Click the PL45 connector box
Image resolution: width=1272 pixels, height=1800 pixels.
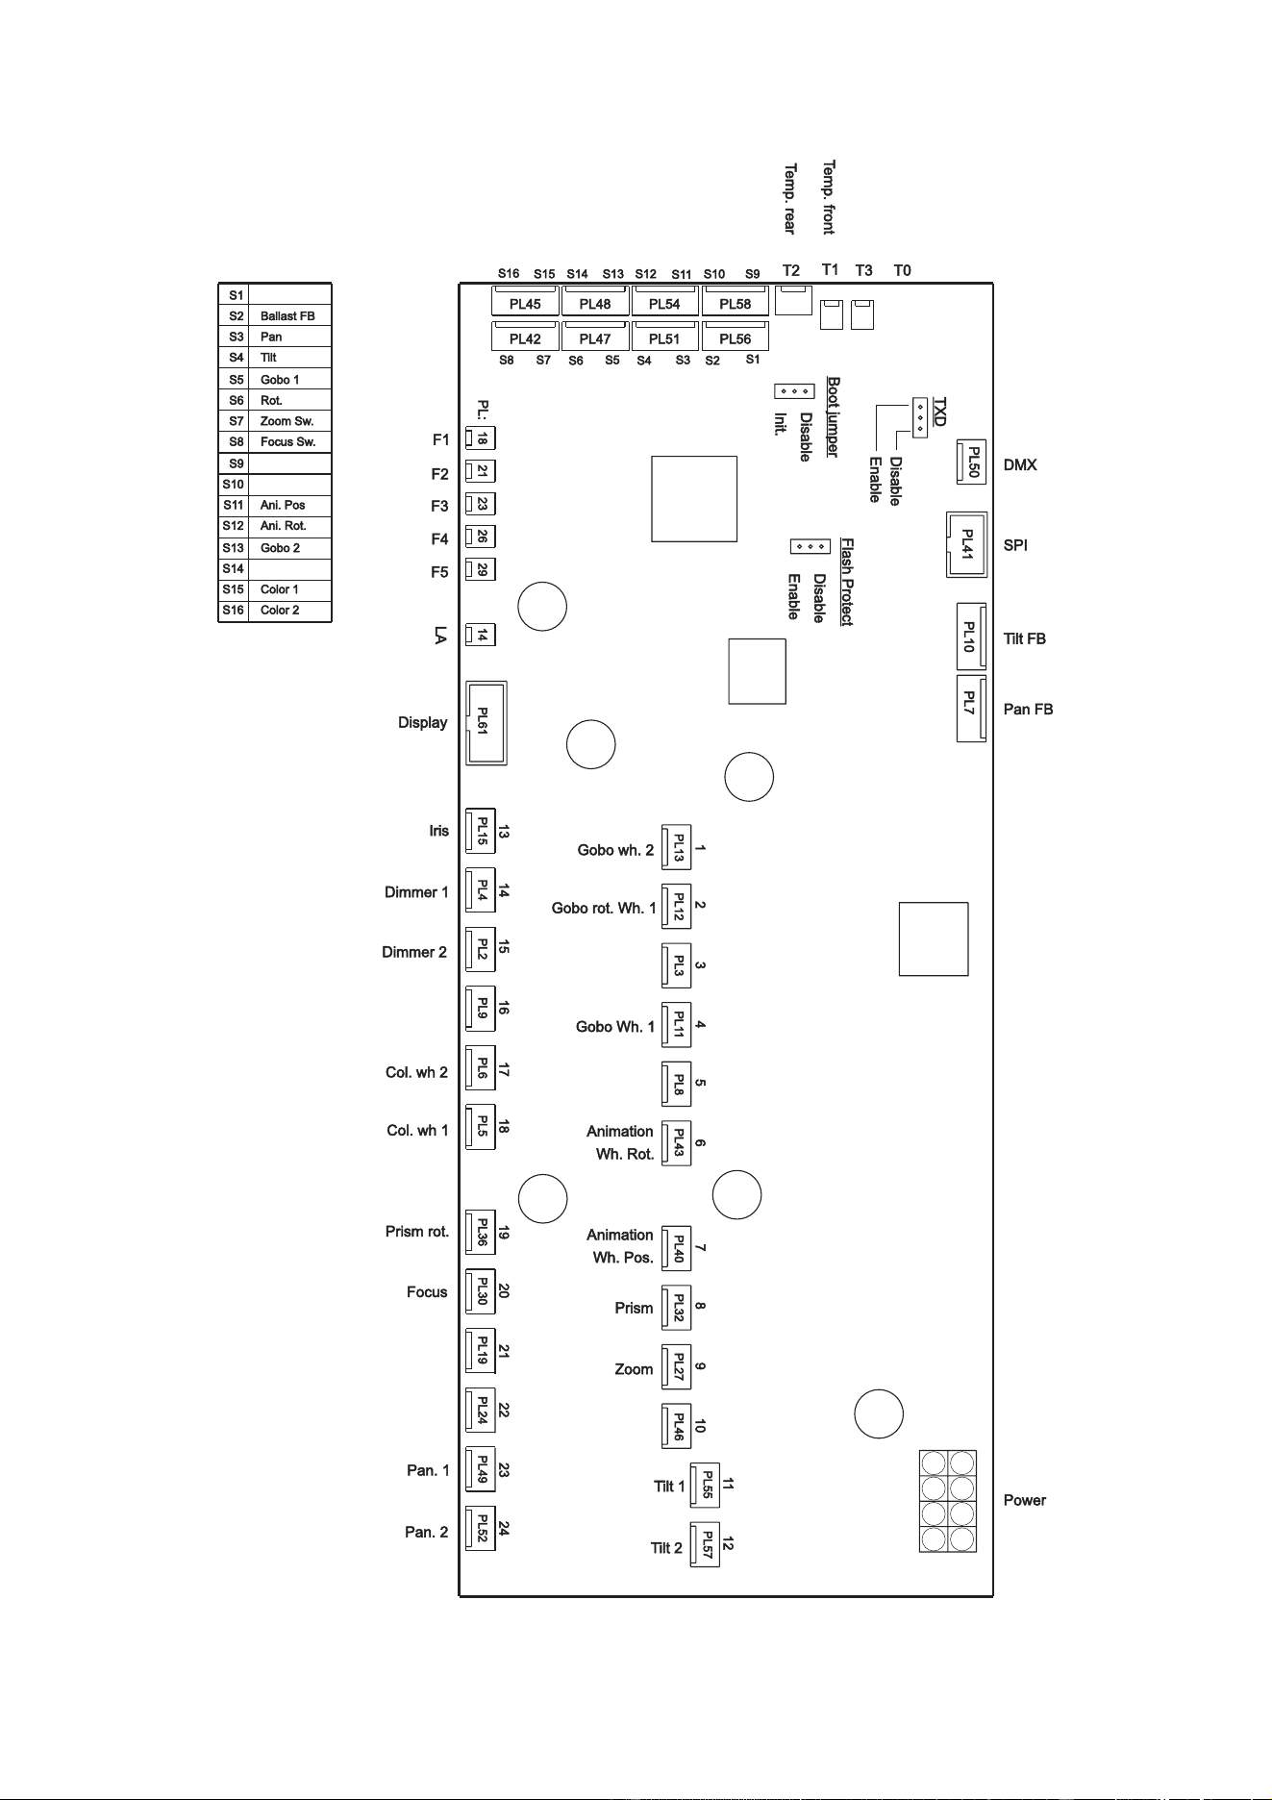pos(525,301)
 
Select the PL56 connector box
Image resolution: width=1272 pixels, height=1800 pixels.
pos(736,337)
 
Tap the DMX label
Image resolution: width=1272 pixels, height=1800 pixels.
pos(1020,465)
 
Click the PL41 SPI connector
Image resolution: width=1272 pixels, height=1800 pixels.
pos(967,545)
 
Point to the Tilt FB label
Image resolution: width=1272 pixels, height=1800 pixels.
pos(1025,639)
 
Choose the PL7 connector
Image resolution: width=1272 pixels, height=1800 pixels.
pos(971,709)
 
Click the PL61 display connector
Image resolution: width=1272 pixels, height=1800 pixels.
pos(486,723)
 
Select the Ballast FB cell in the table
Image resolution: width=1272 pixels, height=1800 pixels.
pos(287,316)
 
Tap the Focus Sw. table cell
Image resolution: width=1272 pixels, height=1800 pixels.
pos(287,442)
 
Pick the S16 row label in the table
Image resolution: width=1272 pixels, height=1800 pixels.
pos(234,611)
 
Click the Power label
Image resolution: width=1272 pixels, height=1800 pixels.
pos(1025,1501)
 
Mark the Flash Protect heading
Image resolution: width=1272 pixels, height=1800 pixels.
pos(847,582)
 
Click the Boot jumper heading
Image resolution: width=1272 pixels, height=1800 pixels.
pos(833,417)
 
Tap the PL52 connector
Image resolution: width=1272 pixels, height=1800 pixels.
pos(480,1529)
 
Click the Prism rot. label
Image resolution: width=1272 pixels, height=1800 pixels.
pos(417,1232)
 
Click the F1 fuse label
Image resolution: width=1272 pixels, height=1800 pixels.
pos(440,440)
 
